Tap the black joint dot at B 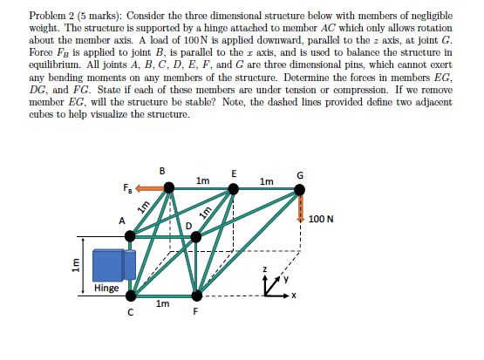[168, 187]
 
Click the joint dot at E [233, 187]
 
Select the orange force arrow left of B [147, 187]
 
